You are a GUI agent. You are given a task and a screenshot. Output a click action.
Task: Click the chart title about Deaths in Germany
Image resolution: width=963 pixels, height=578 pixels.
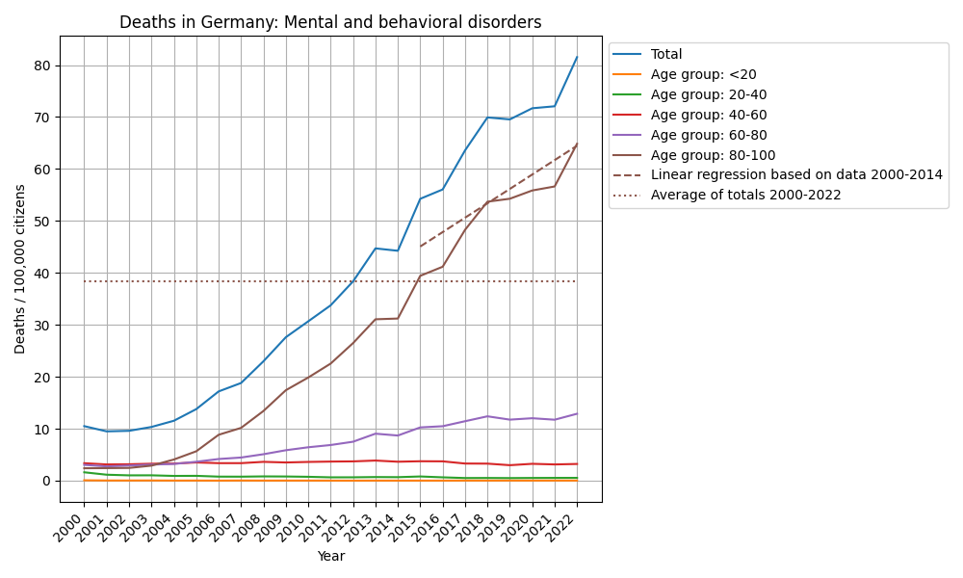[x=330, y=22]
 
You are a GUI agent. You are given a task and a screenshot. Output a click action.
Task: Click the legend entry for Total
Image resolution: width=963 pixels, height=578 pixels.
[x=666, y=54]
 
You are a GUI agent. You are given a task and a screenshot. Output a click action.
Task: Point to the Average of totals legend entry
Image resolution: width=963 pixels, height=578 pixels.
[x=745, y=195]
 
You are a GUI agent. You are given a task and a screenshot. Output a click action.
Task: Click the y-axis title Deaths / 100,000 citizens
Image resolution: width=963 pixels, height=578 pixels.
[x=20, y=269]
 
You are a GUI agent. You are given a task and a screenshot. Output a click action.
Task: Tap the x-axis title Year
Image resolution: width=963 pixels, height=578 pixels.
[x=330, y=556]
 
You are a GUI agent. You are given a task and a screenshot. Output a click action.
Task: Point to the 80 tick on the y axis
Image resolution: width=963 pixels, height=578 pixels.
[x=44, y=66]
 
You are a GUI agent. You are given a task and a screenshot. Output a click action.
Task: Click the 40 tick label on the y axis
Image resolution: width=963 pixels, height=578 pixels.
[x=44, y=274]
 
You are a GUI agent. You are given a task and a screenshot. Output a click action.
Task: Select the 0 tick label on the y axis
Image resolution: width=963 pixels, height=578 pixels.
[x=48, y=481]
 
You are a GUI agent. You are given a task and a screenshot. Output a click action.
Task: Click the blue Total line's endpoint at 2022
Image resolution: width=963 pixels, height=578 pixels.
[x=577, y=57]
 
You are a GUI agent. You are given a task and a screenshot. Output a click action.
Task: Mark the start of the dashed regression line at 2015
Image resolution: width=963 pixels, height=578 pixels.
[x=420, y=247]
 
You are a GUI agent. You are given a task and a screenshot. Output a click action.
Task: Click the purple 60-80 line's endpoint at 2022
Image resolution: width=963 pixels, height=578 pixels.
[x=577, y=414]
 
